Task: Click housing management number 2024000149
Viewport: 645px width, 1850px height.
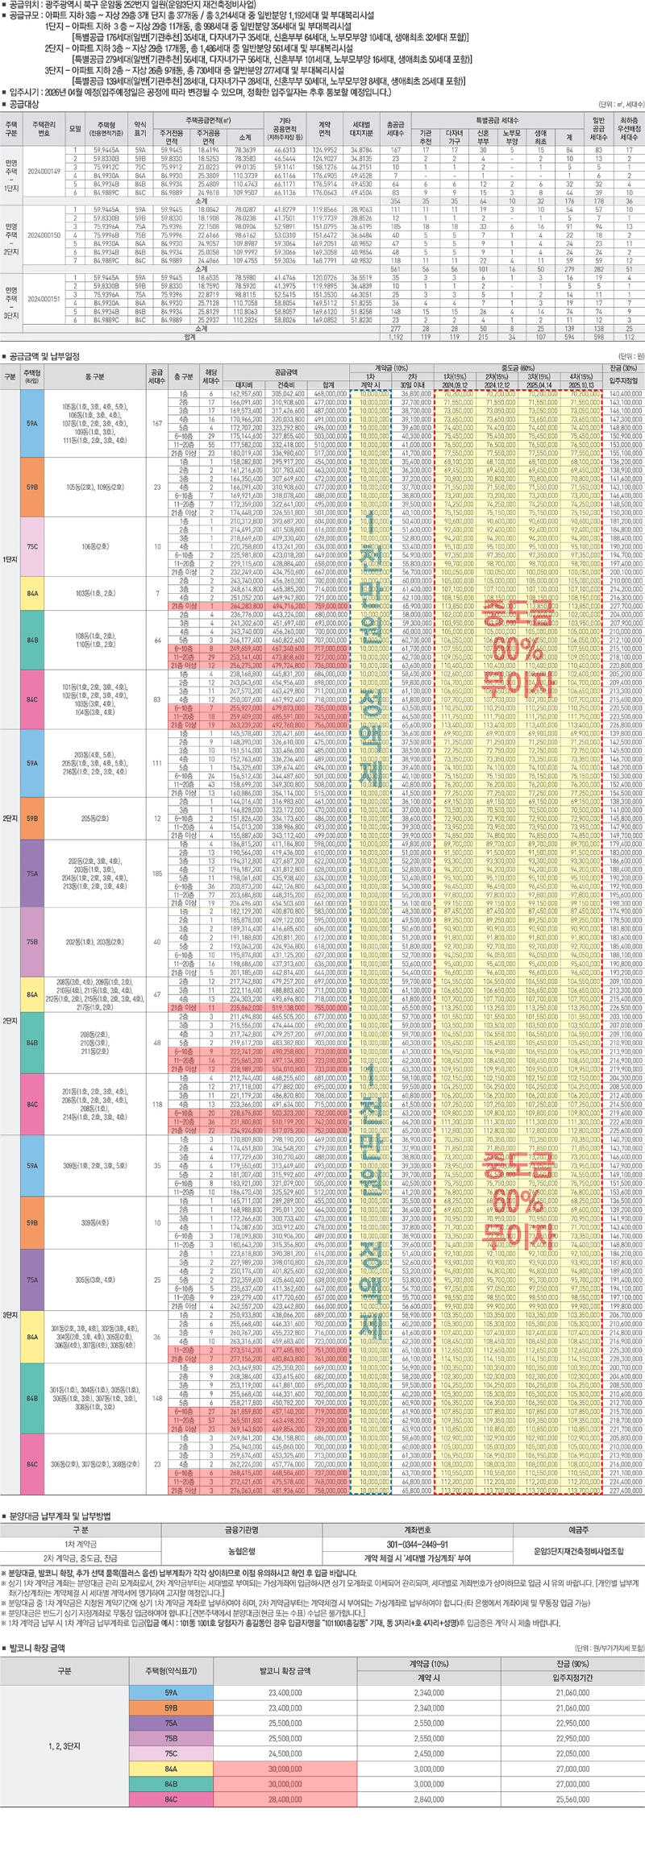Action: tap(44, 172)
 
